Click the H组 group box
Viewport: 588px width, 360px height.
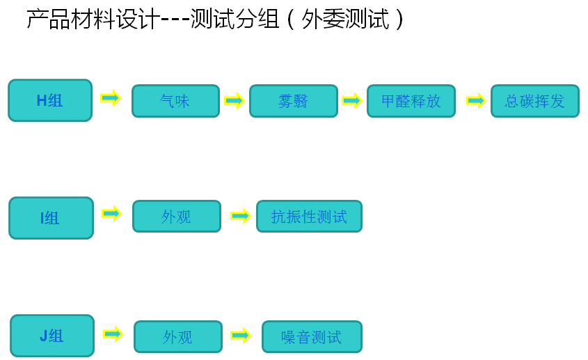pos(50,100)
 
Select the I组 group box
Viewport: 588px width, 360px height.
pos(51,218)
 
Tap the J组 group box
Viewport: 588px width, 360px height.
pos(52,336)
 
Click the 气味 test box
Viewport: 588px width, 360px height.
pos(175,101)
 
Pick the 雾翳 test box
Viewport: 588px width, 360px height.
pos(293,101)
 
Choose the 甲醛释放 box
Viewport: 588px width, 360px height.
pos(411,101)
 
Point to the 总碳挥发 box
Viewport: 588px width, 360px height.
pos(534,101)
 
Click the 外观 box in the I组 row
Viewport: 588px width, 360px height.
pos(176,217)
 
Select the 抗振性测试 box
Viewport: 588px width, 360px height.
pos(309,217)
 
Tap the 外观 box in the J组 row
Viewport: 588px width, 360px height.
pos(177,337)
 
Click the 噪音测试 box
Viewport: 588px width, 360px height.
pos(312,337)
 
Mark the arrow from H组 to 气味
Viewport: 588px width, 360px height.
pos(111,97)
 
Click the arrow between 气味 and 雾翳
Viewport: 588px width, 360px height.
pos(235,101)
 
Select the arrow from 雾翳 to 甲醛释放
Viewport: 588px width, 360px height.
pos(352,101)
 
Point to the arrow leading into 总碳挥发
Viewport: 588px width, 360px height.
pos(476,101)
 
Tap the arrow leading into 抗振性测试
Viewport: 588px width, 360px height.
pos(240,216)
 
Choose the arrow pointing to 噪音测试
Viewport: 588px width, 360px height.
pos(241,336)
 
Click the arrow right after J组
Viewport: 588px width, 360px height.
pos(113,334)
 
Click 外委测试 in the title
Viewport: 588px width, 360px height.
pos(345,19)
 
